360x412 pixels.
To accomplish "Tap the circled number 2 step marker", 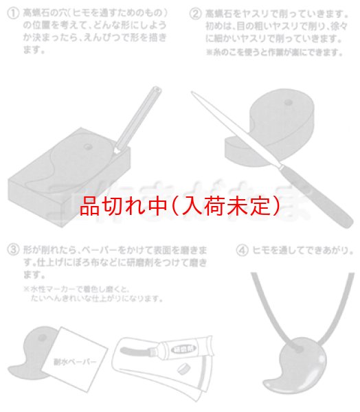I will click(x=196, y=12).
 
